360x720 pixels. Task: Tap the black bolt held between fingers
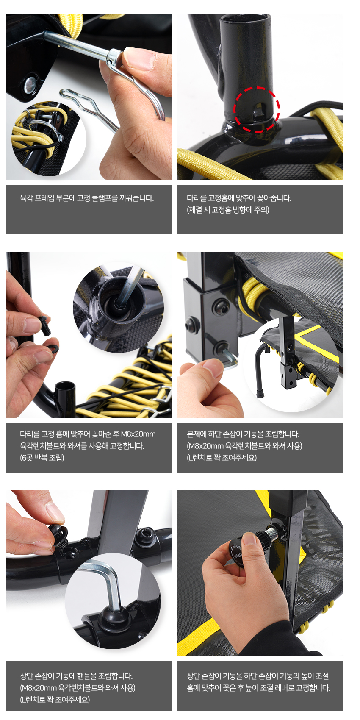(45, 325)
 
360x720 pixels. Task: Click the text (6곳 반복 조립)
(42, 458)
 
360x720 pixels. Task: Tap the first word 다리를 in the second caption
(197, 198)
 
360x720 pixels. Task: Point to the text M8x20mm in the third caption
(138, 434)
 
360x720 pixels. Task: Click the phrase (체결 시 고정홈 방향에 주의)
(228, 210)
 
